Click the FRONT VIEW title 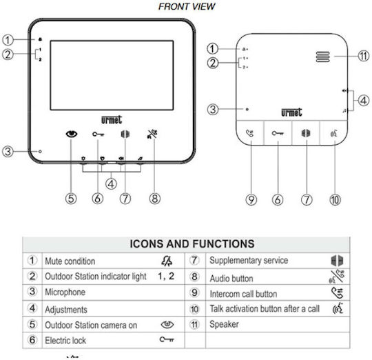187,6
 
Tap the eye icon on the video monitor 72,134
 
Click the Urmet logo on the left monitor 112,120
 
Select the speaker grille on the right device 322,57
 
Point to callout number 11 364,56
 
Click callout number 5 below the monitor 71,199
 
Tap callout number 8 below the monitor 155,199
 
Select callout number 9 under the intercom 251,199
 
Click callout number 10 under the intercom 335,199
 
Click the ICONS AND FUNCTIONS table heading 192,244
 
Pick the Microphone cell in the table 65,292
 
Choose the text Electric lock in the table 65,341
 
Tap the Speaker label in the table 224,324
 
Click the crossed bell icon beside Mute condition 167,261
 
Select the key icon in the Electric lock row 167,339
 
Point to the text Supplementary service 249,261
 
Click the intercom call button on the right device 250,133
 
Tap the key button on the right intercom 278,133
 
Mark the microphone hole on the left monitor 40,151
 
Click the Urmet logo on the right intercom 291,112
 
